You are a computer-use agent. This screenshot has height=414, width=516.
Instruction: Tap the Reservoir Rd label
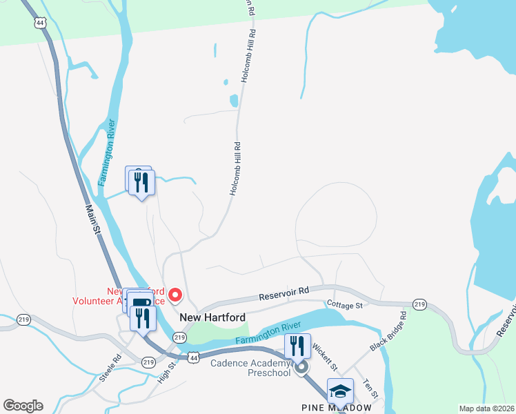click(281, 295)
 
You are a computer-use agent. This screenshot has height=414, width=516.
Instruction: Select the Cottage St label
click(344, 305)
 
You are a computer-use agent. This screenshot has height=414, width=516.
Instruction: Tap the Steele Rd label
click(110, 368)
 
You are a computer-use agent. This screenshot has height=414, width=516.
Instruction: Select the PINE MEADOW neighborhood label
click(337, 408)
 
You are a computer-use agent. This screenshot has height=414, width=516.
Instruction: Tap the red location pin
click(175, 295)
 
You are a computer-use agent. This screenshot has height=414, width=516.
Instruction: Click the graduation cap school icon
click(340, 391)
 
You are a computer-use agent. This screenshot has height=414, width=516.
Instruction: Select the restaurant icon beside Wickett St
click(297, 345)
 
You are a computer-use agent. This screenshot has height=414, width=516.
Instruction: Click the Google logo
click(23, 406)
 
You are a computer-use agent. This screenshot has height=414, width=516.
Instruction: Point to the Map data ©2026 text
click(487, 408)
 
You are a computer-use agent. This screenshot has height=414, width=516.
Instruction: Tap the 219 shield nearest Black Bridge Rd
click(419, 304)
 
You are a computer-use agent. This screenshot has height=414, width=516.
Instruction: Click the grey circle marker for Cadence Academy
click(301, 368)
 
